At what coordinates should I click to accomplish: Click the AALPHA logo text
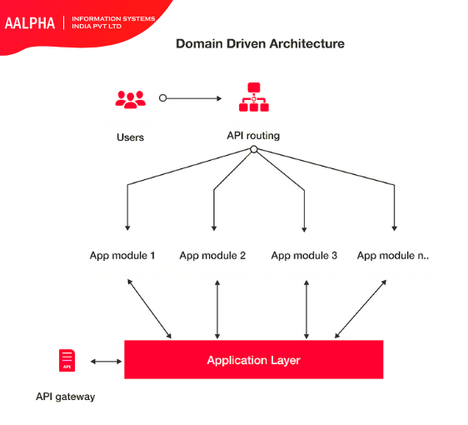(x=30, y=22)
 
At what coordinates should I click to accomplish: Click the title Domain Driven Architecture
(x=259, y=43)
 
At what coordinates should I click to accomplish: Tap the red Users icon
(x=130, y=98)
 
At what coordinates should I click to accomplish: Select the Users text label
(x=130, y=137)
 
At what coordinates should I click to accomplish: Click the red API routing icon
(x=253, y=97)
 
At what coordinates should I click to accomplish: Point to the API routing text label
(x=253, y=135)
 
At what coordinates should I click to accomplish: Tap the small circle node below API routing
(x=253, y=150)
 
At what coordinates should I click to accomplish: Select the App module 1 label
(x=122, y=255)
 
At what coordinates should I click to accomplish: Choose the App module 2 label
(x=212, y=255)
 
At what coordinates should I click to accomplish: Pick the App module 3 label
(x=304, y=255)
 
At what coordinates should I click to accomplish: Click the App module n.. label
(x=393, y=255)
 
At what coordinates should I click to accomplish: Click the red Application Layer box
(x=253, y=360)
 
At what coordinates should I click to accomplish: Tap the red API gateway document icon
(x=66, y=360)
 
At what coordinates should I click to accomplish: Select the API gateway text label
(x=65, y=397)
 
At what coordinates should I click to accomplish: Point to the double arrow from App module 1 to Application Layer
(x=149, y=308)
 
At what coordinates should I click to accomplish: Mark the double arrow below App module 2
(x=217, y=308)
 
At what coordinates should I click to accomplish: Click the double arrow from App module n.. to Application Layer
(x=361, y=308)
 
